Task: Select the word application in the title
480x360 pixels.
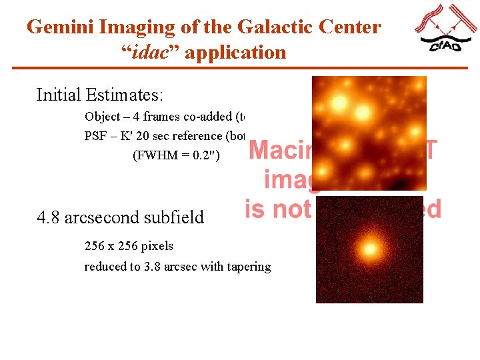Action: point(235,52)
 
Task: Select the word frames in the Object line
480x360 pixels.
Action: point(160,117)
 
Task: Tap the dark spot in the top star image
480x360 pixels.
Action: point(400,182)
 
